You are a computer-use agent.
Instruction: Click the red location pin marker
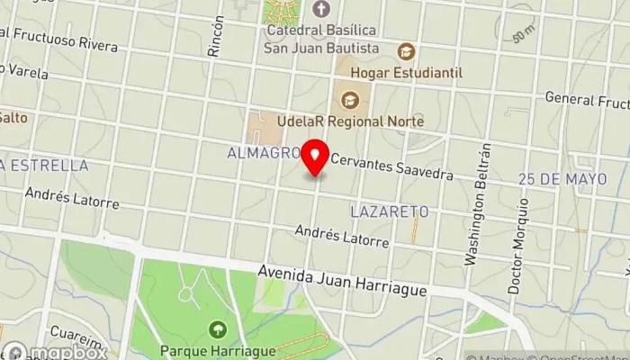point(315,158)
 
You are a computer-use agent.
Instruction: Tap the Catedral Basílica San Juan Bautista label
point(321,39)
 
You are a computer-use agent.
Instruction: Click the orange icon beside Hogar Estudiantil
point(406,51)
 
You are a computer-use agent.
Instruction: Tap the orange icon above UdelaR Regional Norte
point(349,98)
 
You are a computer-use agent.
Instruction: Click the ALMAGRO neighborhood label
point(263,154)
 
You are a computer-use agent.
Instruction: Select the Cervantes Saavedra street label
point(391,166)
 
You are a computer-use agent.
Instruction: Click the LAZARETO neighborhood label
point(388,211)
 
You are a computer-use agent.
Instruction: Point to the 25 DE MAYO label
point(562,179)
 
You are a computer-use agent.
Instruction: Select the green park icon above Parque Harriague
point(217,328)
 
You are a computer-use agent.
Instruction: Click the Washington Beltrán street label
point(476,203)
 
